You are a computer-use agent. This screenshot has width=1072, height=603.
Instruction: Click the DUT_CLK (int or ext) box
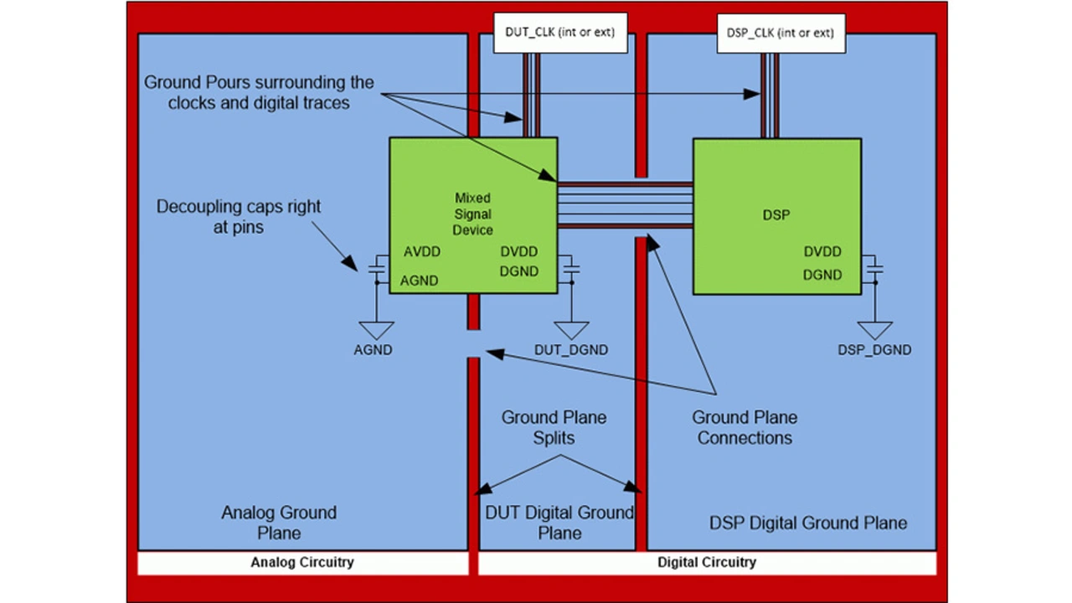click(x=559, y=33)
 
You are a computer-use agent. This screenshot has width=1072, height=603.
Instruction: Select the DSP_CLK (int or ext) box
click(x=780, y=33)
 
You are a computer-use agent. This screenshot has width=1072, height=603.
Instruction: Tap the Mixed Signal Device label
click(x=473, y=214)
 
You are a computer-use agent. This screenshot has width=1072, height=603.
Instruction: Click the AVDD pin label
click(x=421, y=252)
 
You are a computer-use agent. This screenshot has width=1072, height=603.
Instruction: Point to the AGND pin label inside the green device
click(x=419, y=281)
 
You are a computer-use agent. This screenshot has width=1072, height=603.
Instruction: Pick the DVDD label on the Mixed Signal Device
click(x=518, y=252)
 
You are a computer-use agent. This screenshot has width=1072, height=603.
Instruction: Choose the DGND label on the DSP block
click(x=822, y=275)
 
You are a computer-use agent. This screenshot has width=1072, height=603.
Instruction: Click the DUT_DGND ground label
click(x=571, y=350)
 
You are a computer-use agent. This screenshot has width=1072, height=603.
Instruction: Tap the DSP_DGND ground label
click(x=874, y=350)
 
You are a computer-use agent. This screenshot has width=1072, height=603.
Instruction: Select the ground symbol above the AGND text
click(x=376, y=329)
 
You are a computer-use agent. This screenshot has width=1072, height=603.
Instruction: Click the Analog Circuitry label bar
click(x=302, y=563)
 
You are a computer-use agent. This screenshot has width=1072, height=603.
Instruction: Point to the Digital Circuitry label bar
click(x=707, y=563)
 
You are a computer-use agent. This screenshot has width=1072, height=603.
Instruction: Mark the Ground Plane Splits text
click(x=554, y=427)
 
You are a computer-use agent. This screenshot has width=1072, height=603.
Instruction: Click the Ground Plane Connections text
click(x=745, y=427)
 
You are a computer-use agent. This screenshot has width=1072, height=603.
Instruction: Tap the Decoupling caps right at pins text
click(x=239, y=216)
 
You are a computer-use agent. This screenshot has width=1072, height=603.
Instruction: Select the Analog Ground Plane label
click(x=279, y=523)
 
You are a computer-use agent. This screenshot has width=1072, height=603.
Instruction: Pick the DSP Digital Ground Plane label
click(x=808, y=523)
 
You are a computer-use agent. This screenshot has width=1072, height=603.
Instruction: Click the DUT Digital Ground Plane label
click(x=559, y=523)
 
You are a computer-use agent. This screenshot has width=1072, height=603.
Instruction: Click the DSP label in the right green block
click(x=776, y=215)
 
